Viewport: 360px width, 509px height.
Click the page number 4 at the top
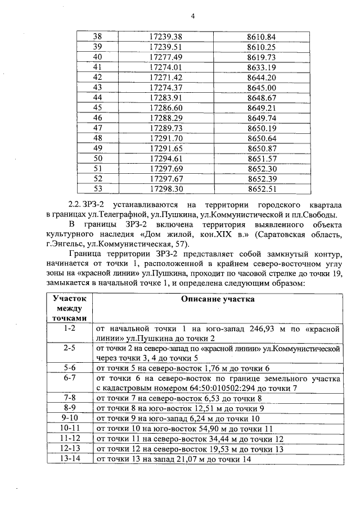tap(192, 16)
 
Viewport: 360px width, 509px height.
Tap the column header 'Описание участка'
tap(217, 299)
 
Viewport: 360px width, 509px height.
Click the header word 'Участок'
tap(68, 299)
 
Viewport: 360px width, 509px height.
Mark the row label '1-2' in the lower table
tap(68, 327)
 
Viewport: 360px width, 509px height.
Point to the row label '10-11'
tap(68, 429)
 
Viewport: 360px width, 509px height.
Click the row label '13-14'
tap(68, 459)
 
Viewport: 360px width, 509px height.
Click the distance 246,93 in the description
tap(262, 327)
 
